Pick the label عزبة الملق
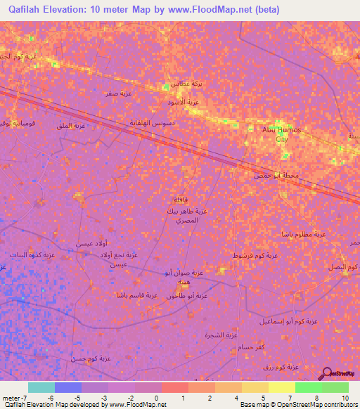coord(70,126)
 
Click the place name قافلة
coord(179,199)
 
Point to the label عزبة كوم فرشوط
coord(255,256)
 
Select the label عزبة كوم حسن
coord(91,358)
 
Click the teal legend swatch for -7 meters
coord(41,387)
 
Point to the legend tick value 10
coord(345,398)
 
